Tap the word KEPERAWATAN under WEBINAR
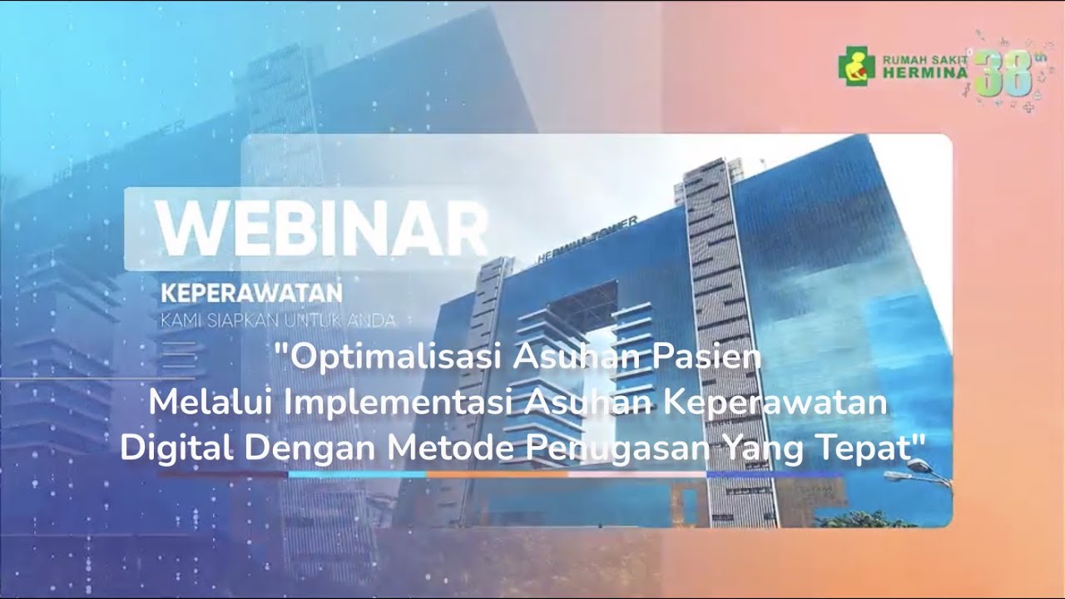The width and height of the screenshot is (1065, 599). pyautogui.click(x=251, y=294)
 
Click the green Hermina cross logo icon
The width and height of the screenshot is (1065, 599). pyautogui.click(x=856, y=66)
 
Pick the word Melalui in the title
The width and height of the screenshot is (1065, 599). pyautogui.click(x=212, y=404)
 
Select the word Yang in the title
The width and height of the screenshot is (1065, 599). pyautogui.click(x=749, y=449)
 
